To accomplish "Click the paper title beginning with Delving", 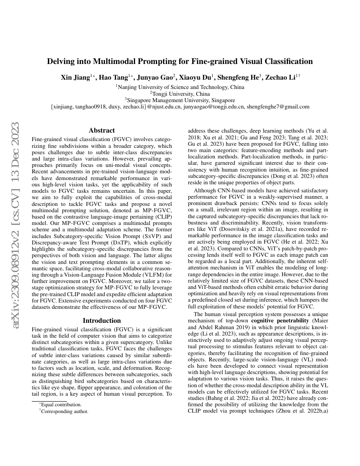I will pos(180,61).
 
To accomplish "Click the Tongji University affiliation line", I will pos(180,94).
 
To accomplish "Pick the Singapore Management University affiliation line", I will pos(180,100).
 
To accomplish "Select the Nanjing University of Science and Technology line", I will pos(180,87).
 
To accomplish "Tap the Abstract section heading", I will pos(102,130).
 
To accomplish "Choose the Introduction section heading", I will pos(102,321).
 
